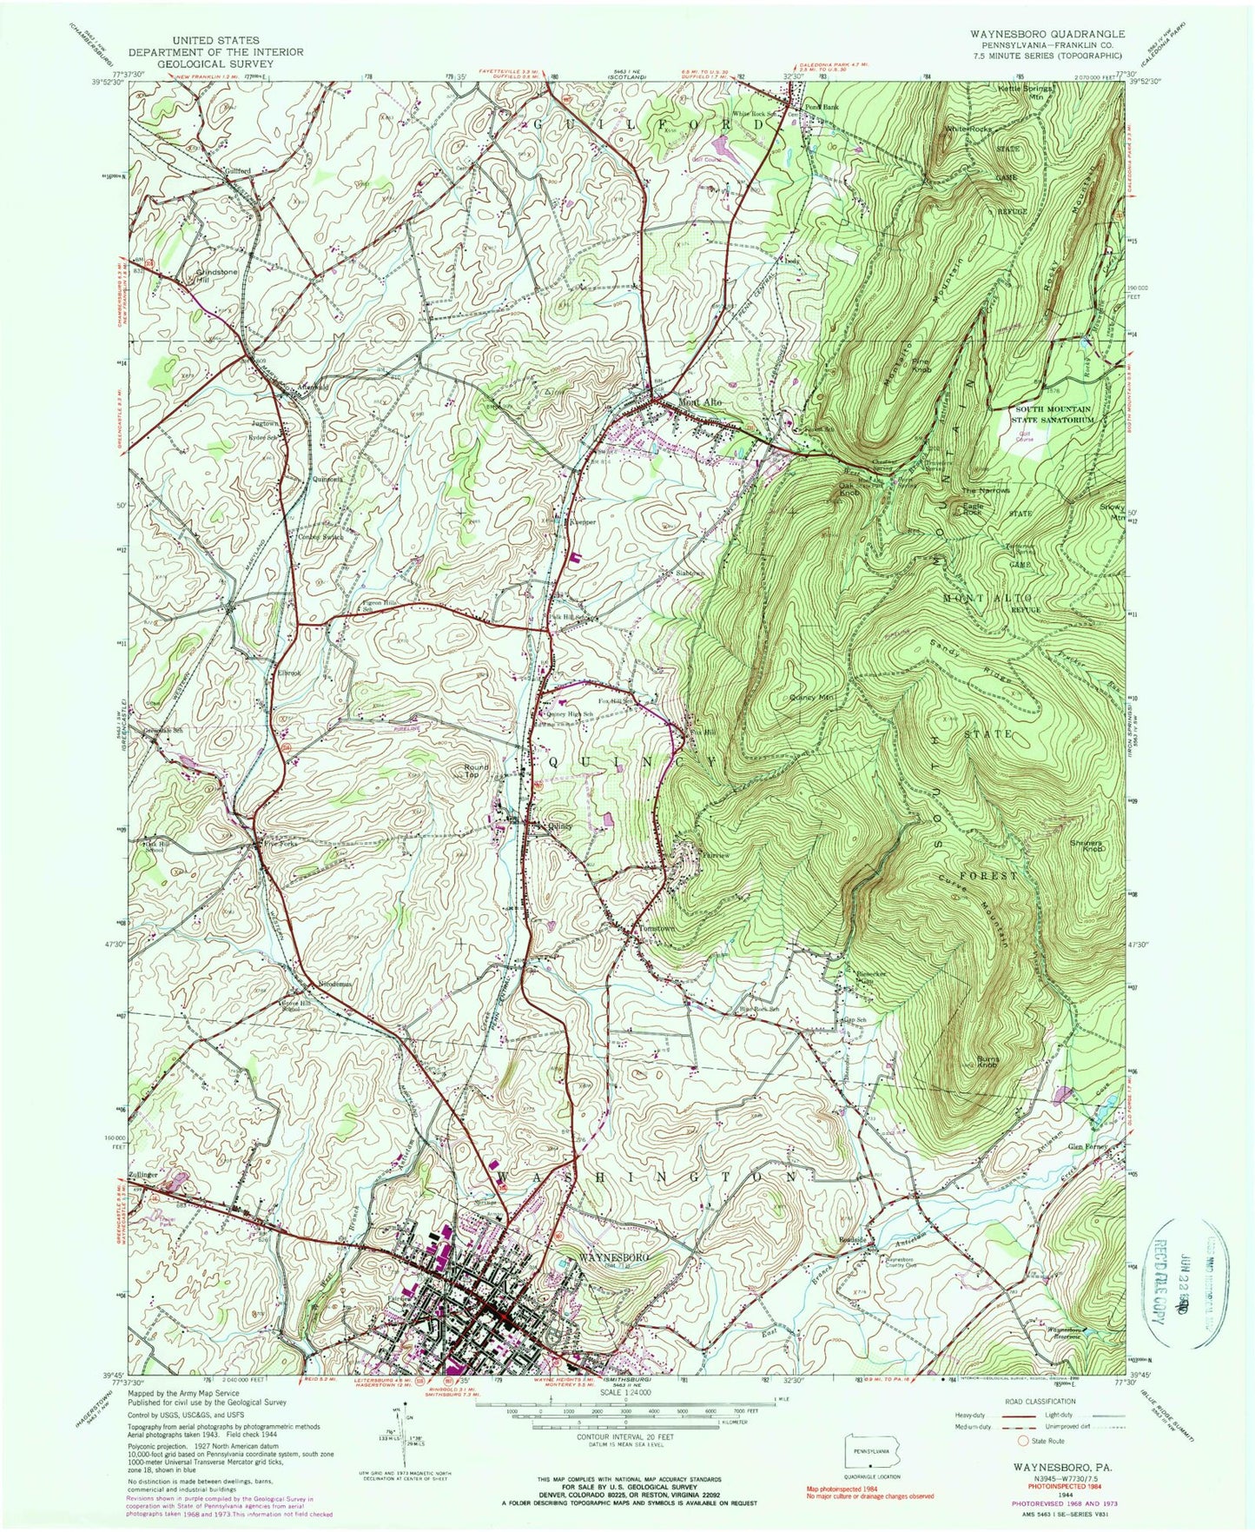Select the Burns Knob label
(977, 1063)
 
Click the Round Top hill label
(476, 772)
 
